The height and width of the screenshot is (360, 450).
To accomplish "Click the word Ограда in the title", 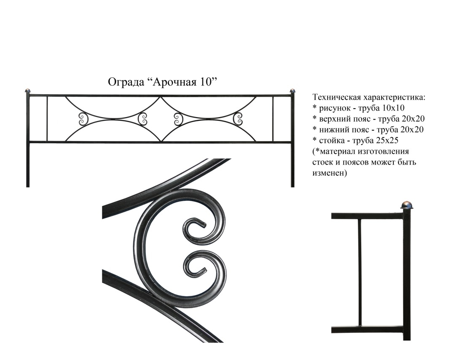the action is pyautogui.click(x=125, y=82).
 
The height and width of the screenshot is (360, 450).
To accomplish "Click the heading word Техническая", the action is pyautogui.click(x=336, y=97).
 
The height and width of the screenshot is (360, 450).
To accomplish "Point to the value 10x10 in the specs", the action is pyautogui.click(x=393, y=108).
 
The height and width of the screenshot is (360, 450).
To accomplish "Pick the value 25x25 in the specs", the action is pyautogui.click(x=387, y=140).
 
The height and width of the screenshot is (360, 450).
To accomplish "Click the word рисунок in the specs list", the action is pyautogui.click(x=335, y=109).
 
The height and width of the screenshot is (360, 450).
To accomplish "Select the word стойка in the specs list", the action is pyautogui.click(x=331, y=141).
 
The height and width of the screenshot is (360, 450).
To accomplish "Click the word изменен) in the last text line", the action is pyautogui.click(x=330, y=173).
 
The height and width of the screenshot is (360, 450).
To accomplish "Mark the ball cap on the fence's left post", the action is pyautogui.click(x=27, y=90).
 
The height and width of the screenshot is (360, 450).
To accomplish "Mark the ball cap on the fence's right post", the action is pyautogui.click(x=292, y=90).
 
